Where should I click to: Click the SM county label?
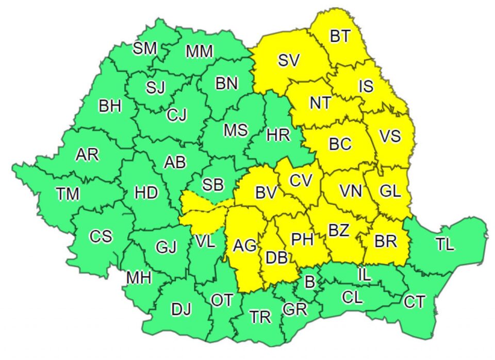[145, 48]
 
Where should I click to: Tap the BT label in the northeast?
[340, 37]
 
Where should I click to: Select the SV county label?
[288, 60]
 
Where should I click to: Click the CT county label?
[415, 302]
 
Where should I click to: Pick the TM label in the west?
[68, 194]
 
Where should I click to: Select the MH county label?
[139, 278]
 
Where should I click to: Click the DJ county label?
[181, 309]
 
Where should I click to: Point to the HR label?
[278, 136]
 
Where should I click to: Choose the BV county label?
[266, 193]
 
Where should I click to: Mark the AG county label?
[244, 246]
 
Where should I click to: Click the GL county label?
[390, 191]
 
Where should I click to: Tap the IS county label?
[366, 86]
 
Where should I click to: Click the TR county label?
[260, 317]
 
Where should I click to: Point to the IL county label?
[364, 275]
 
